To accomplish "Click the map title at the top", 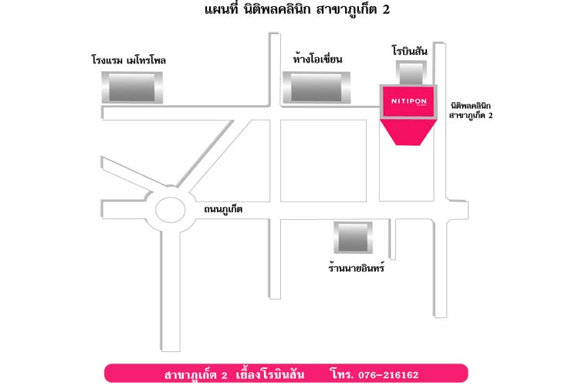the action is tap(297, 9).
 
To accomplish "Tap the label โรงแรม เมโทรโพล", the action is tap(128, 60).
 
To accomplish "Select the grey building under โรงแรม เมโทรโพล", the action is tap(132, 87).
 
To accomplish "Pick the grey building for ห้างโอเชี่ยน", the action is tap(317, 87).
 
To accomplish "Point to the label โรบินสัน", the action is tap(410, 50).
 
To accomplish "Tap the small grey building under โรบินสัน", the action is tap(411, 73).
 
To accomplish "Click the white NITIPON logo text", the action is tap(408, 101).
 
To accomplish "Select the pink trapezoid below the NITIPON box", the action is tap(408, 132).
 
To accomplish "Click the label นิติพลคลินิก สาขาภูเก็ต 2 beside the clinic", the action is tap(471, 110).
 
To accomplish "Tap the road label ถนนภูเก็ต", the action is tap(223, 209).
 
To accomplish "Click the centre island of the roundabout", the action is tap(171, 210).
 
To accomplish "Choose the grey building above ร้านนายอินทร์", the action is tap(353, 237).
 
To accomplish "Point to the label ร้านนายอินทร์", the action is tap(357, 266).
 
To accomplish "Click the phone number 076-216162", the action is tap(388, 375).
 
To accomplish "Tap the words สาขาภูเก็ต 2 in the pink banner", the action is tap(196, 374).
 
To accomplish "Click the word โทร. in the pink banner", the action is tap(342, 374).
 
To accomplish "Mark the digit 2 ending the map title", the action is tap(386, 9).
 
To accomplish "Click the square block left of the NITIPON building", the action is tap(323, 161).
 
